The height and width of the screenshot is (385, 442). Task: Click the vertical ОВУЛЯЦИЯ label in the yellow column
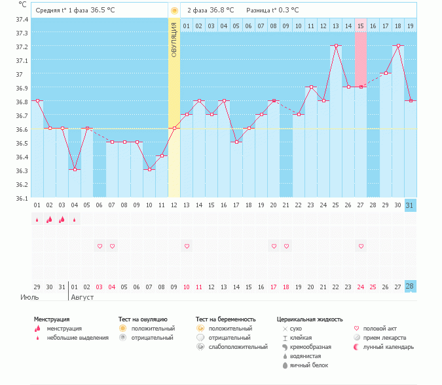[174, 39]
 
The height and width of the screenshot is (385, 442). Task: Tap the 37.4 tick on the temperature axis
[22, 19]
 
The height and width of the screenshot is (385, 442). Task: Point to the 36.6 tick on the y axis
[22, 129]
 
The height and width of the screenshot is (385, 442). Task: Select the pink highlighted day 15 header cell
[361, 26]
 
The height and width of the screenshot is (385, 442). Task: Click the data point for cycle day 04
[75, 170]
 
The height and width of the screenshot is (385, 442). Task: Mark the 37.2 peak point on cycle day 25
[336, 46]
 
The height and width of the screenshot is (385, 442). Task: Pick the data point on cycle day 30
[398, 46]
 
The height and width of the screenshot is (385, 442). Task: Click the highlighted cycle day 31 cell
[411, 205]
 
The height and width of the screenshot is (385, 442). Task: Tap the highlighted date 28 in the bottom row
[411, 287]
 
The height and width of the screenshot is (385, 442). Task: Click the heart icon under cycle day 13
[187, 246]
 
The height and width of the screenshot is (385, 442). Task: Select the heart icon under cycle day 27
[361, 246]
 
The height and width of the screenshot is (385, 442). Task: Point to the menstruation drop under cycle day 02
[50, 220]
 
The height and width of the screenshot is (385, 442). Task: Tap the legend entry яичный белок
[309, 365]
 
